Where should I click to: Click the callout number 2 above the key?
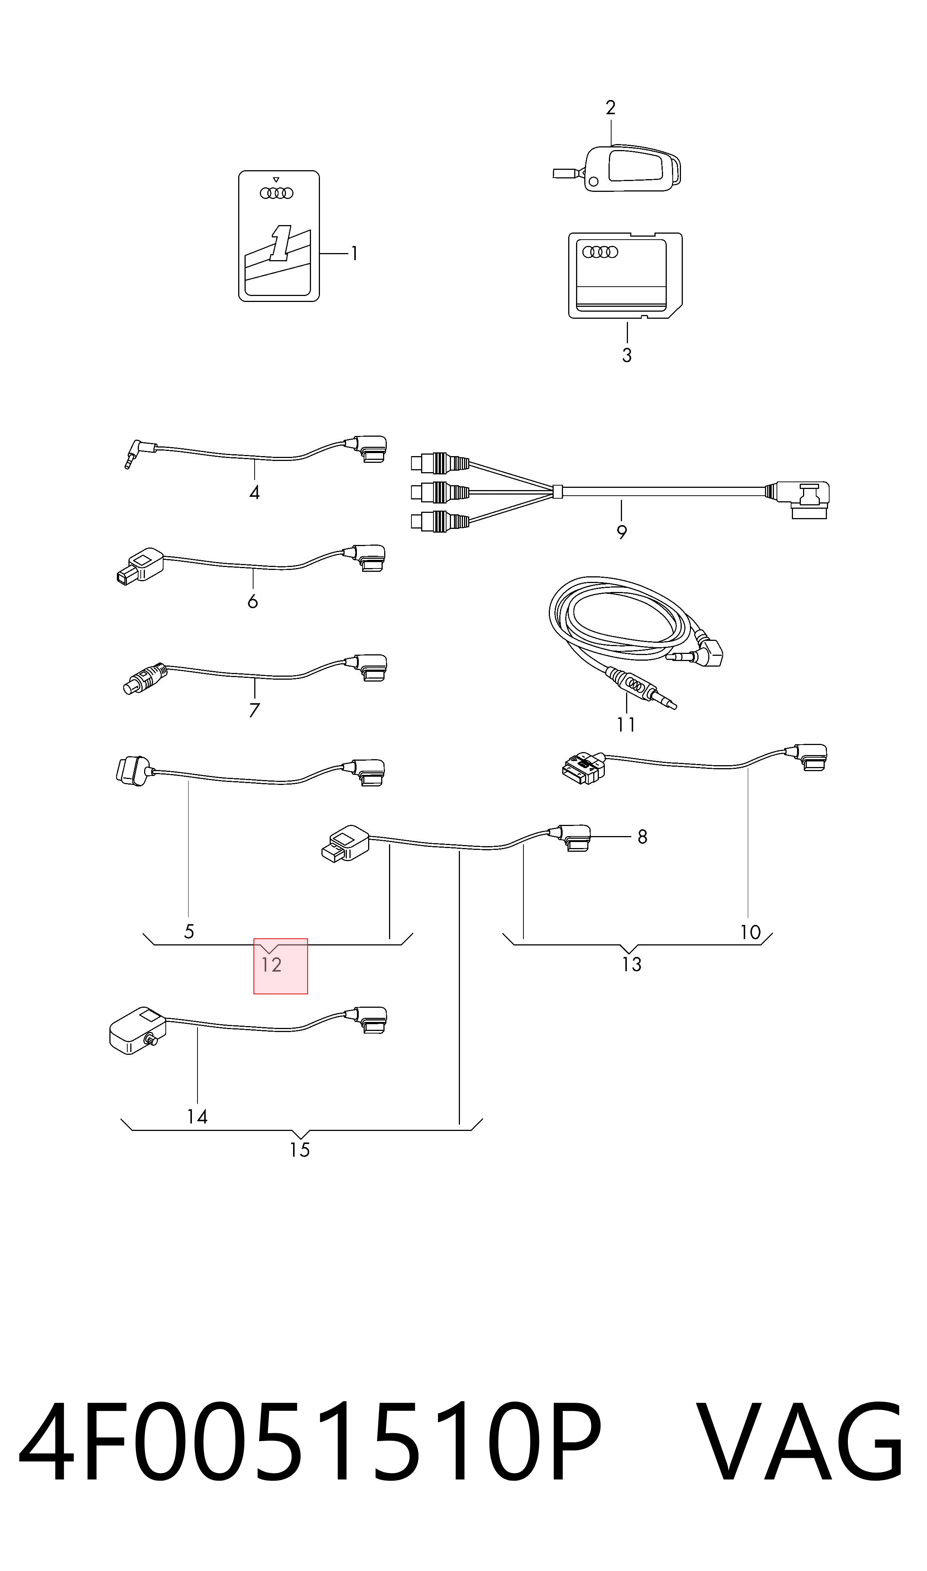pos(610,107)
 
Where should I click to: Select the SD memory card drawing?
pos(625,275)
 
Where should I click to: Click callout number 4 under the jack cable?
pos(254,493)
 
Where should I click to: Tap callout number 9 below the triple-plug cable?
pos(622,532)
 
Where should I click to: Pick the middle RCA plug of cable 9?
pos(440,492)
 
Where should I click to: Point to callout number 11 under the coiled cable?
pos(626,724)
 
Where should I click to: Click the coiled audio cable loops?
pos(625,624)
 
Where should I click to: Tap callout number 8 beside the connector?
pos(642,837)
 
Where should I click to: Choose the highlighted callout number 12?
pos(272,965)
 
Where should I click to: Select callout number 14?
pos(197,1116)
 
